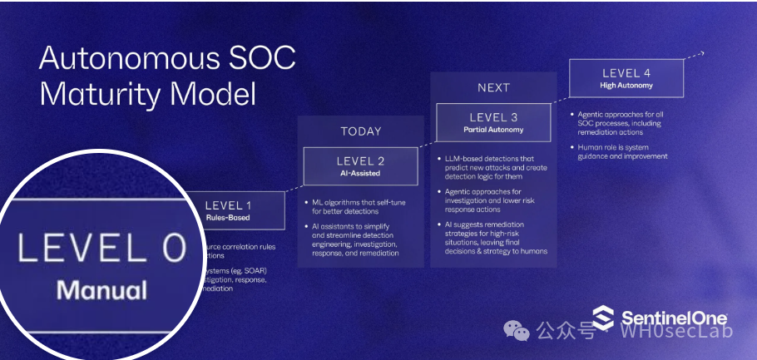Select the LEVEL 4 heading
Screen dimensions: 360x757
coord(626,73)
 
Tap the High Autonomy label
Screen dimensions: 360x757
coord(626,85)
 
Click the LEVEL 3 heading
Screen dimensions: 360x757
coord(493,117)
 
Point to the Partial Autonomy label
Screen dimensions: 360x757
coord(493,130)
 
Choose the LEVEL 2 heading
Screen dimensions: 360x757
coord(360,160)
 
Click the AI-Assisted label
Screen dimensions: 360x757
coord(360,173)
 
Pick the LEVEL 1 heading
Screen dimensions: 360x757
coord(227,205)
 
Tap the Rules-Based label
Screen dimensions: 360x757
coord(227,218)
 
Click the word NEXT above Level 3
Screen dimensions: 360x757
coord(493,88)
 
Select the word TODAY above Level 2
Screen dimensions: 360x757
coord(361,131)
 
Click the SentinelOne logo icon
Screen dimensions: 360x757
coord(604,317)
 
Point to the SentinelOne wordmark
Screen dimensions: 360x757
coord(673,318)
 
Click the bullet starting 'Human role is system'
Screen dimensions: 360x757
coord(623,151)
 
